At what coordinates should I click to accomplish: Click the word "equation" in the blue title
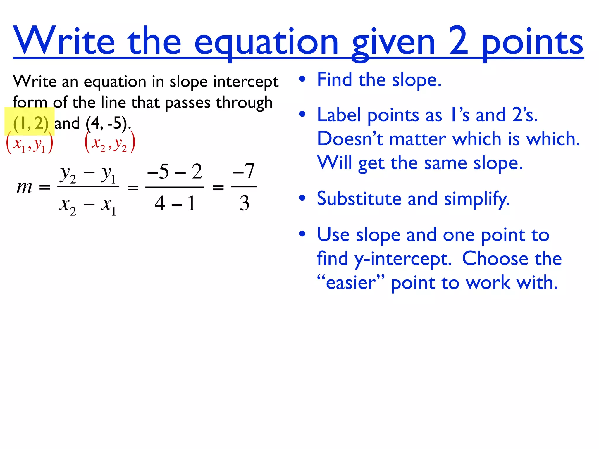[266, 42]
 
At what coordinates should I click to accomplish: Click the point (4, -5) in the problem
[107, 123]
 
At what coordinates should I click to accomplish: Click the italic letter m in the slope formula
[25, 187]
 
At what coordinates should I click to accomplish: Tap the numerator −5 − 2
[175, 172]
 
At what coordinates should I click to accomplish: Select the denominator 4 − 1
[175, 203]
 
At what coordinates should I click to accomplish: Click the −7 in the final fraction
[244, 171]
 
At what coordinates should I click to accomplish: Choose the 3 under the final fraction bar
[245, 203]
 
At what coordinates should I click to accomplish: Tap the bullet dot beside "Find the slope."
[302, 79]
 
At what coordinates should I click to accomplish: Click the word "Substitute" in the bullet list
[359, 199]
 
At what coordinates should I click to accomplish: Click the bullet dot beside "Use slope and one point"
[302, 234]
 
